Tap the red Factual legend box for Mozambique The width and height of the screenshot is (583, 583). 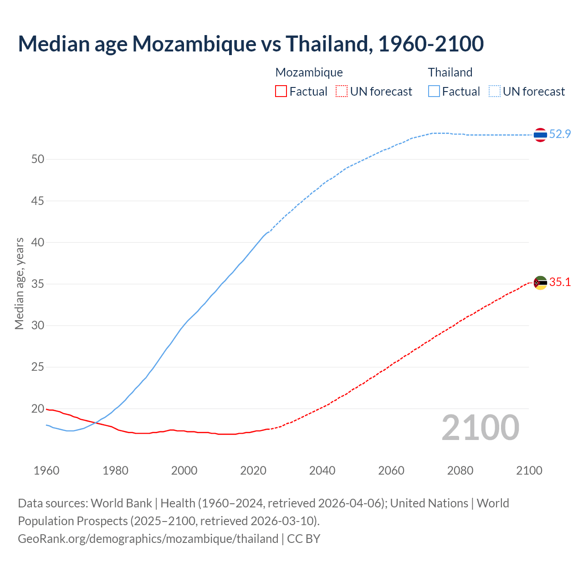point(281,92)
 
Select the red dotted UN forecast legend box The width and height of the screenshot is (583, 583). point(342,92)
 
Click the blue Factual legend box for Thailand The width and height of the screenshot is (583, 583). point(434,92)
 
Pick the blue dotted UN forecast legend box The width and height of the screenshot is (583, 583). point(495,92)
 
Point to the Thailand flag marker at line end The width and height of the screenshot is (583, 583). point(540,135)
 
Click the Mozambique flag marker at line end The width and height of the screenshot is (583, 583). point(540,283)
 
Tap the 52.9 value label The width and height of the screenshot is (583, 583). point(560,134)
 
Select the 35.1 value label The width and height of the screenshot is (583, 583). point(560,282)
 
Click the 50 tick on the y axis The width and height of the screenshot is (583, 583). point(38,159)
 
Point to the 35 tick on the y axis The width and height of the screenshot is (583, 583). point(38,284)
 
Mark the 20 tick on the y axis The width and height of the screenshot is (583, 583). point(38,409)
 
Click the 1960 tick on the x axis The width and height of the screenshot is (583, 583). point(46,470)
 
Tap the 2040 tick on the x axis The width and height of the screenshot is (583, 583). point(322,470)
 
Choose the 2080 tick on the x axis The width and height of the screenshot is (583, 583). point(460,470)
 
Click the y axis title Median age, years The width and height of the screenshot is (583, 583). point(19,283)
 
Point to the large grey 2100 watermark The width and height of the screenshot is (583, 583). point(481,427)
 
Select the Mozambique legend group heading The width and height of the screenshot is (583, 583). point(309,72)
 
